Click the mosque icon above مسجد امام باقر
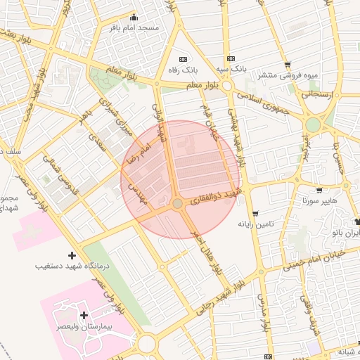(x=134, y=18)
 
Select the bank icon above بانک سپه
(x=230, y=59)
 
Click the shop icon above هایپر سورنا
(x=319, y=190)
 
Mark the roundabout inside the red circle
(x=178, y=203)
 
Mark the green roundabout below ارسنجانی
(x=313, y=124)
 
